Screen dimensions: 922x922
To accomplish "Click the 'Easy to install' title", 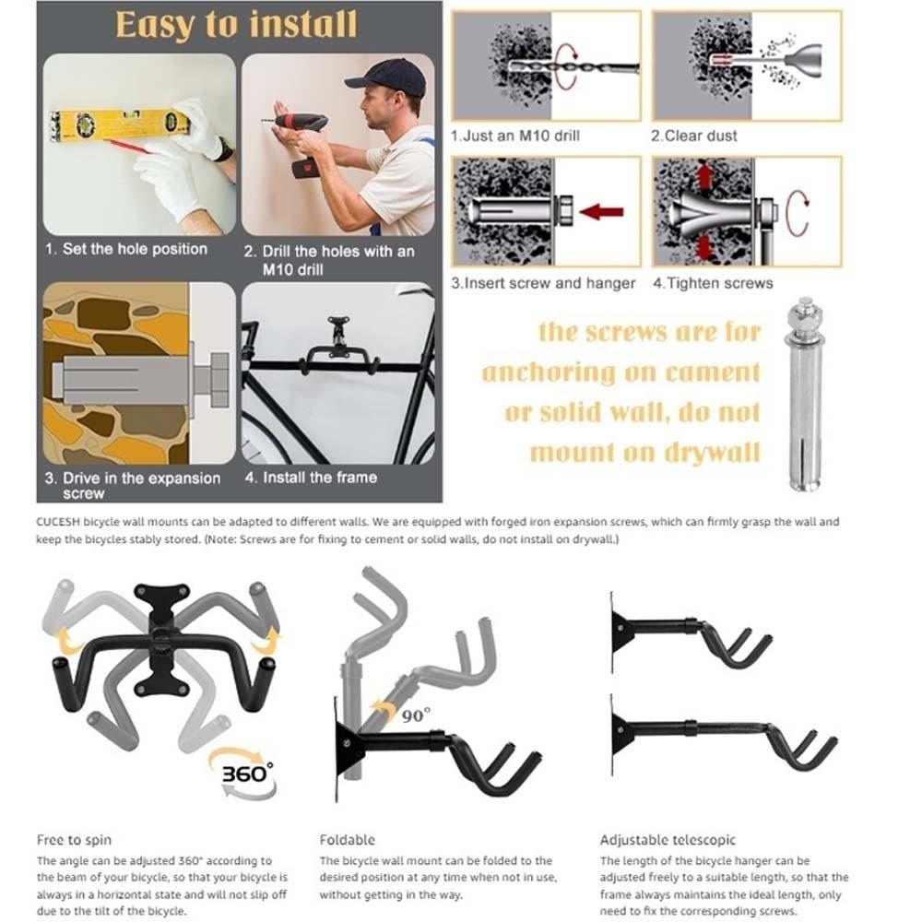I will pyautogui.click(x=236, y=25).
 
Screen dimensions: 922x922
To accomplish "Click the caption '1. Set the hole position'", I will pyautogui.click(x=127, y=249).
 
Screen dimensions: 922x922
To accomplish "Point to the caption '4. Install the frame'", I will pyautogui.click(x=311, y=478).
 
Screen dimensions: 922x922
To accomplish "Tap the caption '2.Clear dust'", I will pyautogui.click(x=694, y=136).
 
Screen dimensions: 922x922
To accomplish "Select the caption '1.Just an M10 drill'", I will pyautogui.click(x=514, y=136).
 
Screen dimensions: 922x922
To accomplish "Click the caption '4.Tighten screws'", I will pyautogui.click(x=713, y=283).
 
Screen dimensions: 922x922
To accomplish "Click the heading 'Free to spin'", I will pyautogui.click(x=74, y=840).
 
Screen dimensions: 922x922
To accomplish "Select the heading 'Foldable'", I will pyautogui.click(x=347, y=840).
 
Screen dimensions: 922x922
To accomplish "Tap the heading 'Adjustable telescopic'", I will pyautogui.click(x=668, y=840).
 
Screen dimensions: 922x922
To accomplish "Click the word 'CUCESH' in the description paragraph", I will pyautogui.click(x=58, y=522).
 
